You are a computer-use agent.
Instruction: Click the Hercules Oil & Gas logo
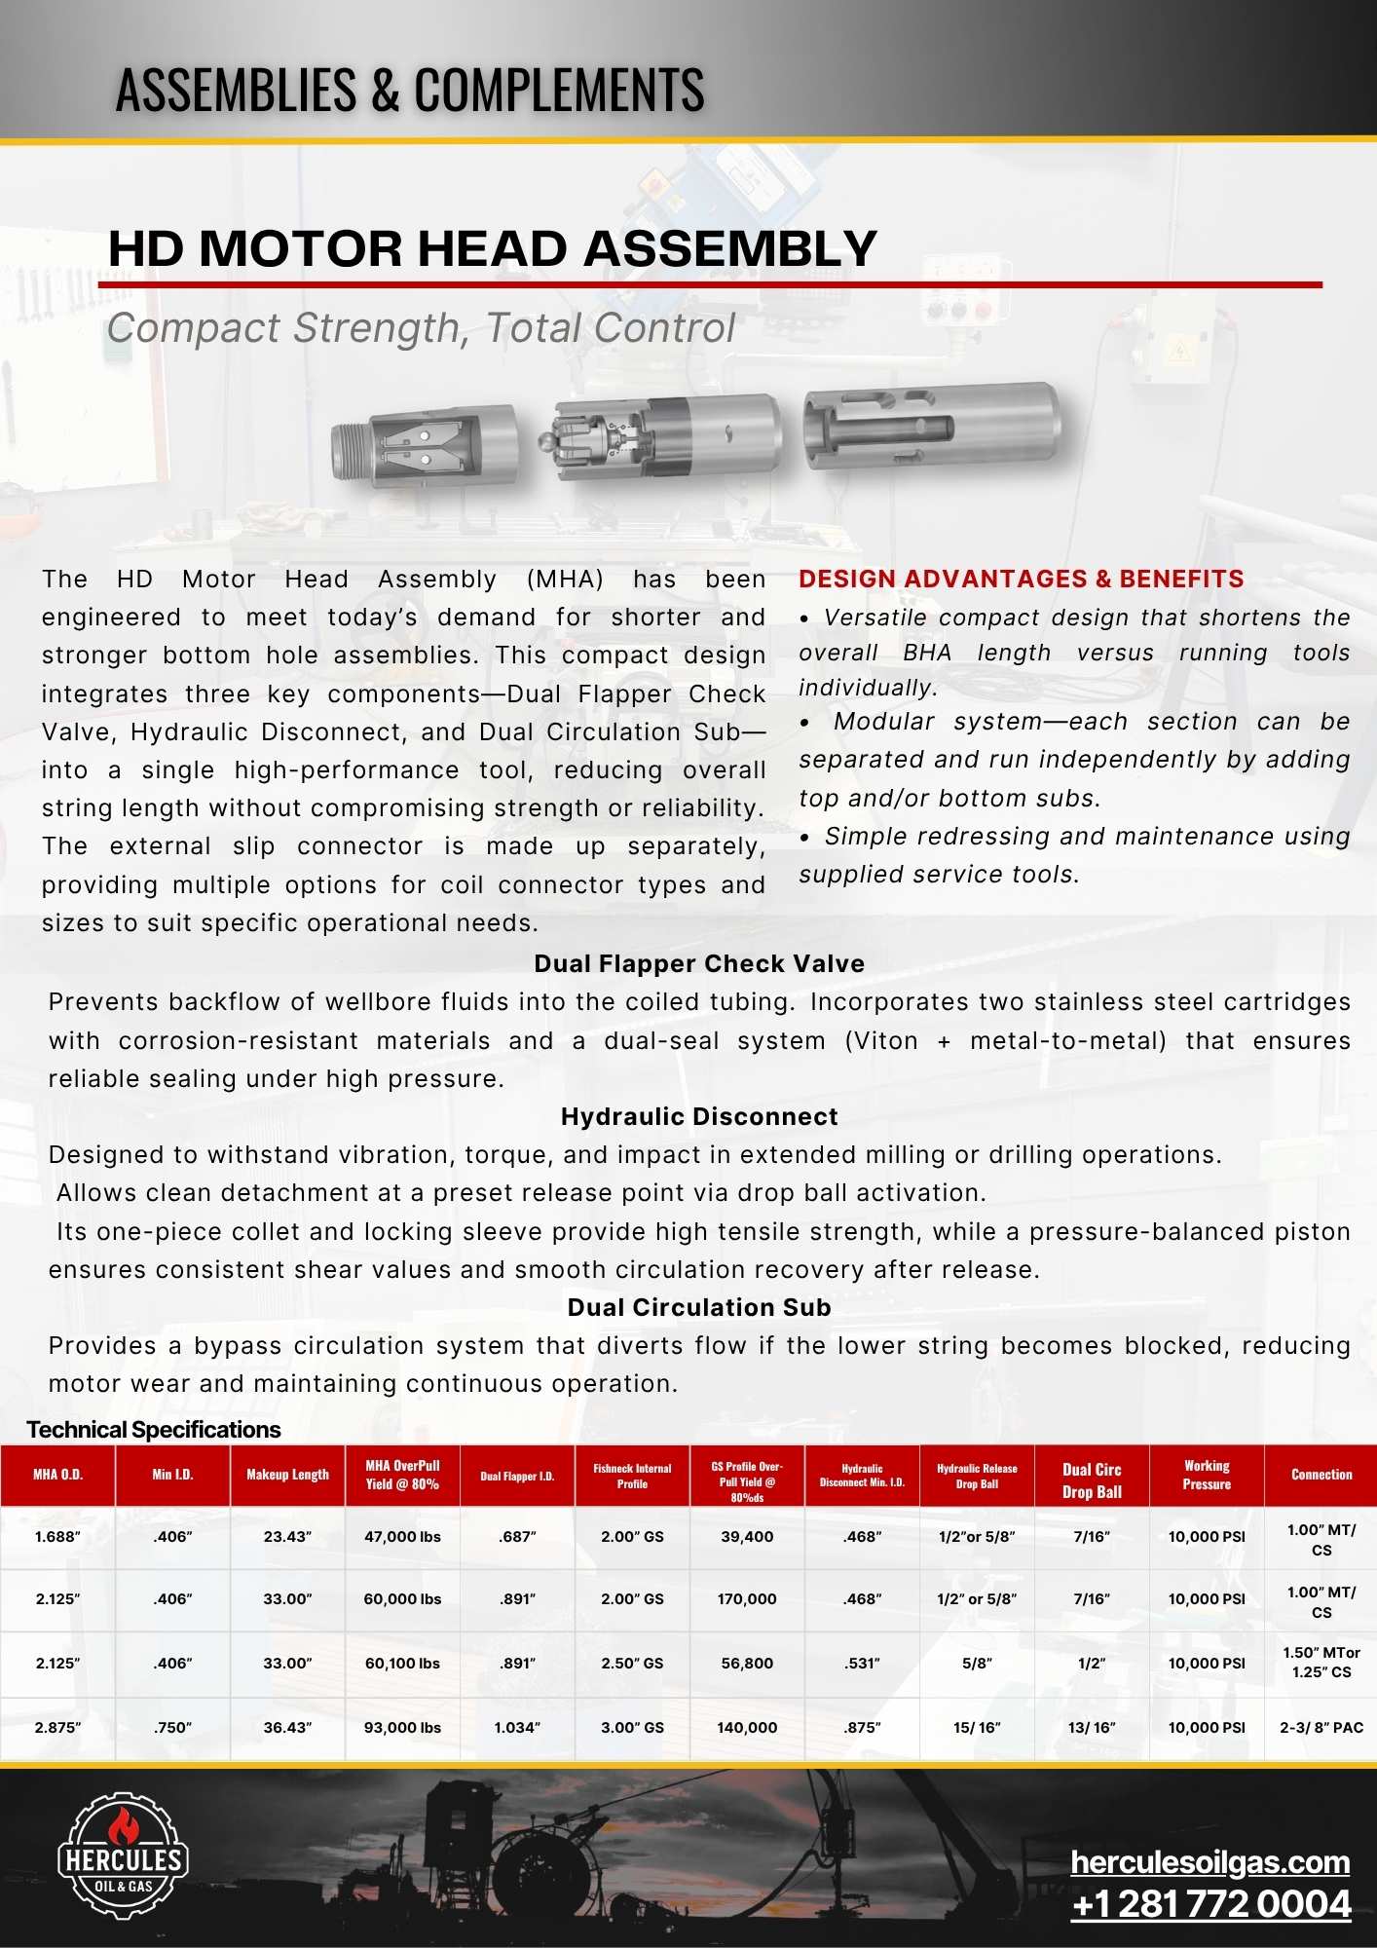pos(124,1858)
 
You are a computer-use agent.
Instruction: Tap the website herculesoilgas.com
pos(1210,1862)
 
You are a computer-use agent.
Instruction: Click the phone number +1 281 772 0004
pos(1210,1904)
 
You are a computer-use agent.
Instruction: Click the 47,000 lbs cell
pos(402,1537)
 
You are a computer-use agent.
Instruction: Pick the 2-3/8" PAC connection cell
pos(1321,1728)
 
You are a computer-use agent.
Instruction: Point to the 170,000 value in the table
pos(747,1599)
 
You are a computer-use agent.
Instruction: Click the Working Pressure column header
pos(1207,1475)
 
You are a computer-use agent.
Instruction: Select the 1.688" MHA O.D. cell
pos(57,1537)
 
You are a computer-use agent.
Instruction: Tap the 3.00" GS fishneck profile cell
pos(632,1728)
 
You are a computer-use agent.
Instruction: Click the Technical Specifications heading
pos(154,1430)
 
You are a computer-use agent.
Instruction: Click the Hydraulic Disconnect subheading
pos(699,1117)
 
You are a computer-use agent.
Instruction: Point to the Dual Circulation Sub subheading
pos(699,1308)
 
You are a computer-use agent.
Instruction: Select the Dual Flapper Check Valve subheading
pos(699,964)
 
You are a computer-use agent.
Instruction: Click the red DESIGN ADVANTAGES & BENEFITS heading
pos(1021,579)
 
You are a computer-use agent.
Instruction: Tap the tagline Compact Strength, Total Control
pos(421,328)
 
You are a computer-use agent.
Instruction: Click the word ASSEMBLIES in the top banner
pos(237,90)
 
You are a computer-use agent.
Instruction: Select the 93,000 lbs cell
pos(402,1728)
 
